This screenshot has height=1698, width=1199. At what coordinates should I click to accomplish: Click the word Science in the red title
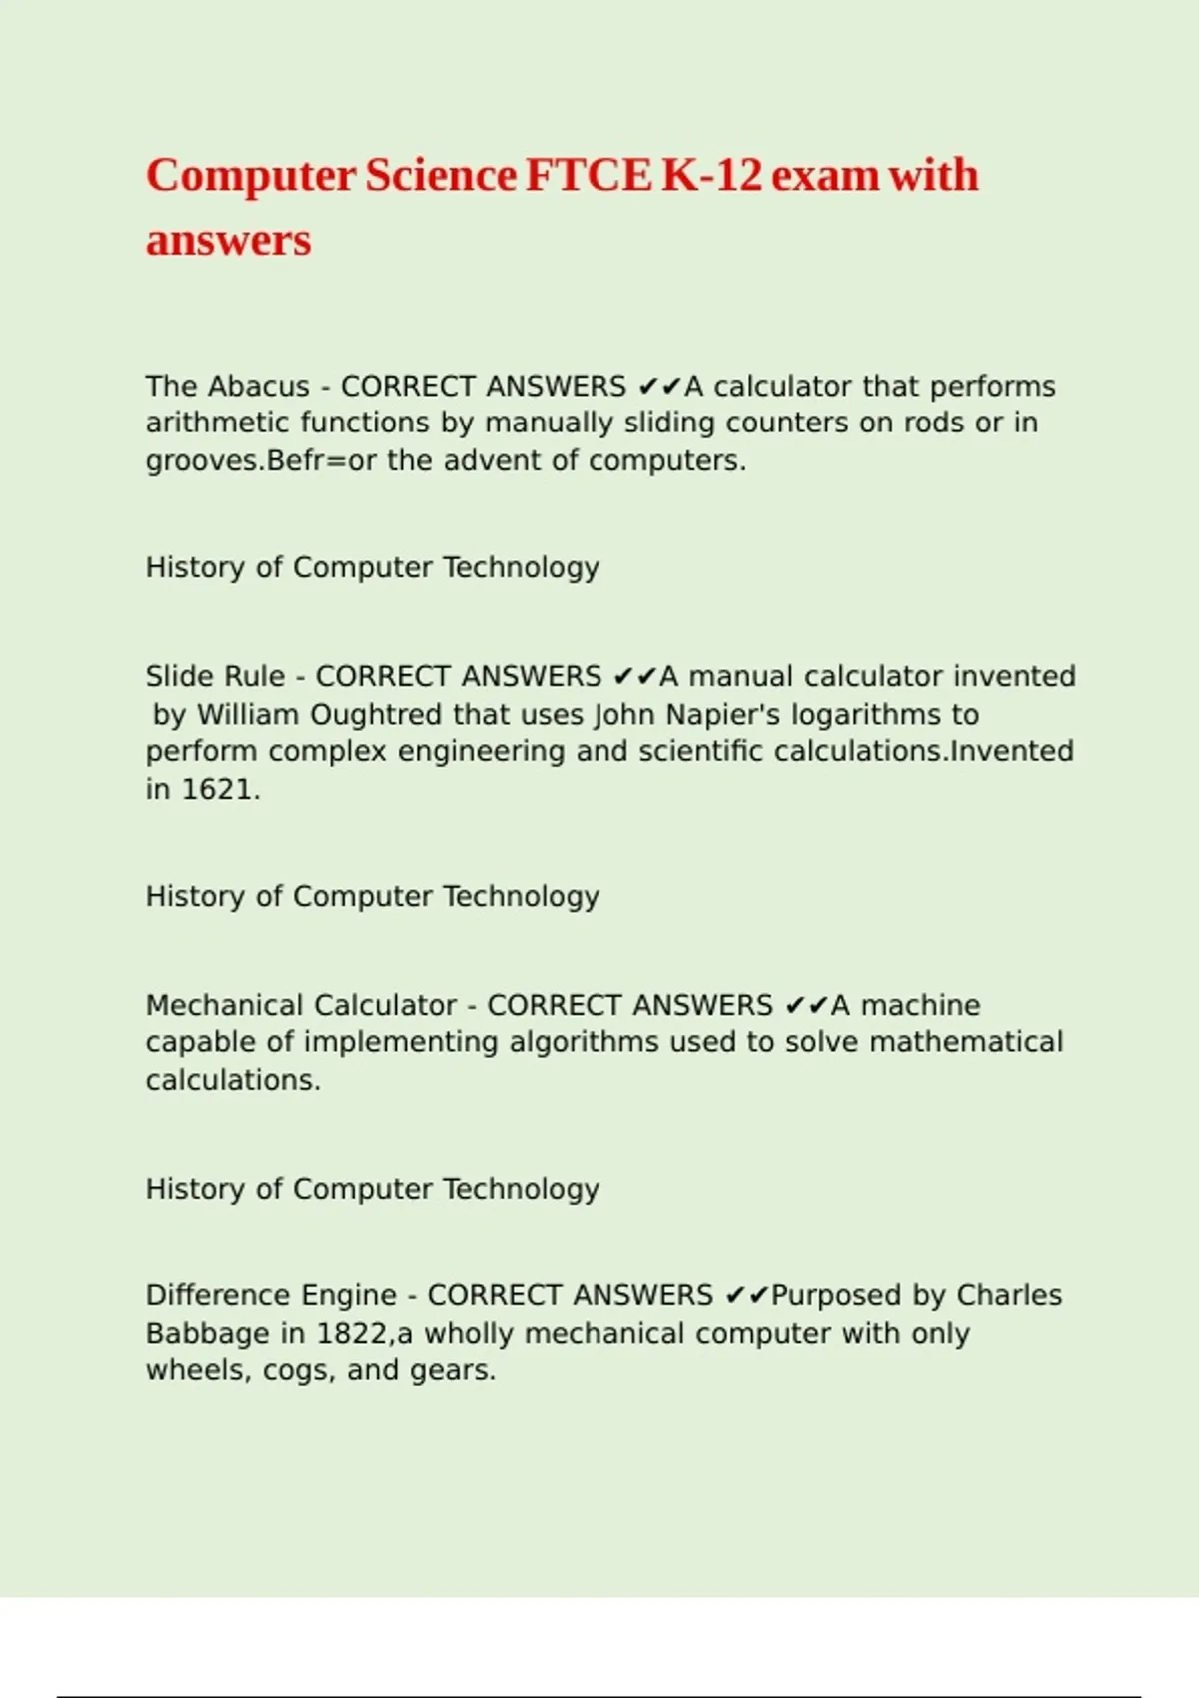[441, 176]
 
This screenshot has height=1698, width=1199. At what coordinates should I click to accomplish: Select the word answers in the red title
[228, 241]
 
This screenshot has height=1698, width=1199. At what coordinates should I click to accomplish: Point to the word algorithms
[584, 1042]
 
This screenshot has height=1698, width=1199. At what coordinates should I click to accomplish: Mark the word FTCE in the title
[588, 176]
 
